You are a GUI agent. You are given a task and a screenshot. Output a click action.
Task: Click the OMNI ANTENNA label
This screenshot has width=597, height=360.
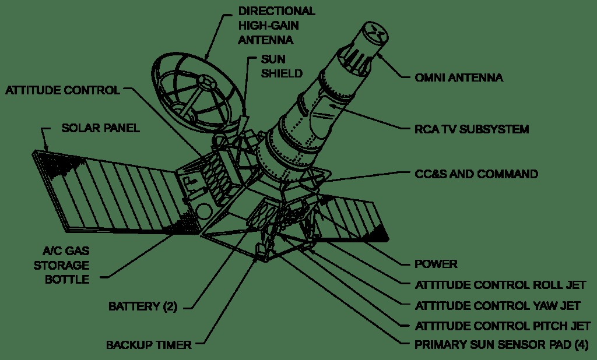(x=459, y=77)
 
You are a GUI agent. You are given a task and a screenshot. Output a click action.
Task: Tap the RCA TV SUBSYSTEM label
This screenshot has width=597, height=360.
(x=471, y=129)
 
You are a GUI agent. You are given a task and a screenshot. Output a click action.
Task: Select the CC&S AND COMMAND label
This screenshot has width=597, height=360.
(x=476, y=174)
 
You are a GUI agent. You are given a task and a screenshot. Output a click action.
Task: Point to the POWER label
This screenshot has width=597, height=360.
(x=436, y=264)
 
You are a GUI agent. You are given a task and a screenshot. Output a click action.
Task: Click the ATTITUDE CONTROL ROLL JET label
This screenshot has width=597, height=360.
(x=501, y=285)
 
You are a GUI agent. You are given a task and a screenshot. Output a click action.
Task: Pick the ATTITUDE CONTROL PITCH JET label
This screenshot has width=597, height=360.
(x=503, y=325)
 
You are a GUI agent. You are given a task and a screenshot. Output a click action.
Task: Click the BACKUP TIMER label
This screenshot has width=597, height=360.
(x=149, y=345)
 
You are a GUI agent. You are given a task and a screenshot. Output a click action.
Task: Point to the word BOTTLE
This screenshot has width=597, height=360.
(x=67, y=279)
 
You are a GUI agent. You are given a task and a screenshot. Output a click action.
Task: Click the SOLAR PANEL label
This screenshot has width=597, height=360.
(x=100, y=128)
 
